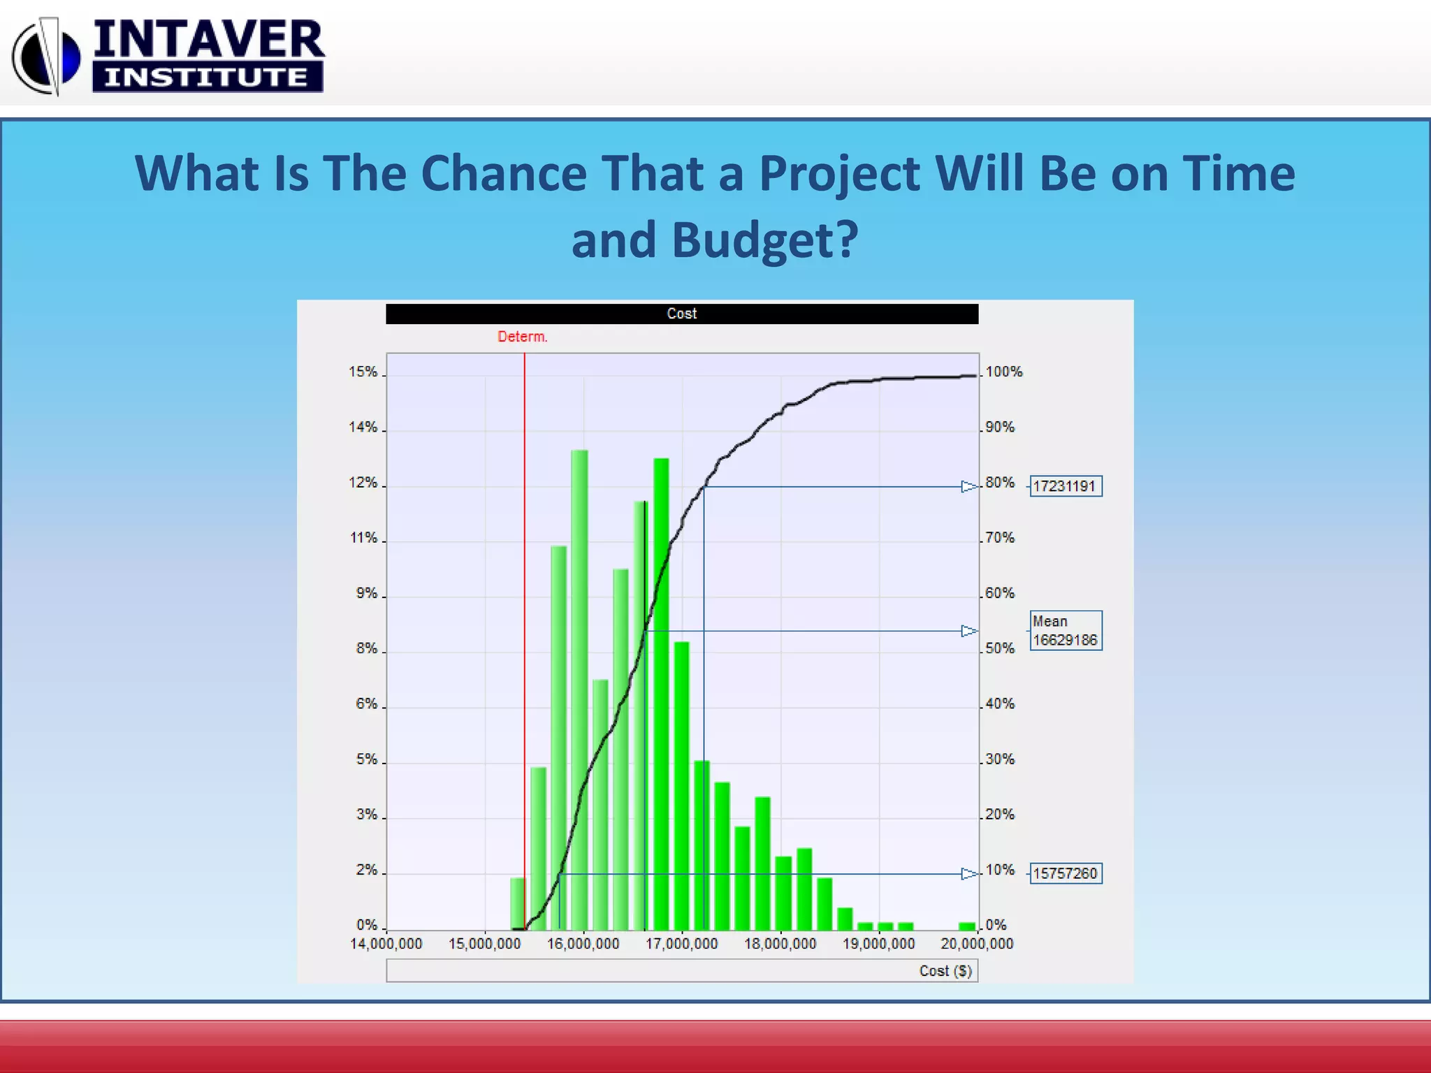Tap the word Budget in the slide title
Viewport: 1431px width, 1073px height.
pyautogui.click(x=764, y=240)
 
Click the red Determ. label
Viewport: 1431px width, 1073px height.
pyautogui.click(x=522, y=337)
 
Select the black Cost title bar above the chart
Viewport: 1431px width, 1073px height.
pyautogui.click(x=681, y=314)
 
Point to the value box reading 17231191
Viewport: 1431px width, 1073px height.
pyautogui.click(x=1065, y=486)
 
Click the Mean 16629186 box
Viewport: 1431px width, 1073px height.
pyautogui.click(x=1065, y=631)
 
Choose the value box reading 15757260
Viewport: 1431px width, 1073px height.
pyautogui.click(x=1065, y=873)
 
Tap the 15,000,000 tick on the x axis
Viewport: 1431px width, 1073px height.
pyautogui.click(x=484, y=944)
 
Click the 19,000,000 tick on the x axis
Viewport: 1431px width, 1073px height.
pyautogui.click(x=878, y=944)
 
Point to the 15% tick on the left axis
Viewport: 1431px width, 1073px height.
pyautogui.click(x=363, y=372)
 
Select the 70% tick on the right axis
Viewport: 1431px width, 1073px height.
pyautogui.click(x=1000, y=538)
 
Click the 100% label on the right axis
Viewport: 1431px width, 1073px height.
pyautogui.click(x=1004, y=372)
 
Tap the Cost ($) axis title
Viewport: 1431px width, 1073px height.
pyautogui.click(x=945, y=971)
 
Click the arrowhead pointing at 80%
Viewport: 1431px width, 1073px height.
pyautogui.click(x=968, y=486)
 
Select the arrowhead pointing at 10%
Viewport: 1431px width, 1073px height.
pyautogui.click(x=968, y=873)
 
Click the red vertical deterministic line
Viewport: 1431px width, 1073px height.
pyautogui.click(x=525, y=629)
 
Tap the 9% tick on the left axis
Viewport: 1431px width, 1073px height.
pyautogui.click(x=366, y=593)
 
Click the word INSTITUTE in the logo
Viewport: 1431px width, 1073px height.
pyautogui.click(x=207, y=77)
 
